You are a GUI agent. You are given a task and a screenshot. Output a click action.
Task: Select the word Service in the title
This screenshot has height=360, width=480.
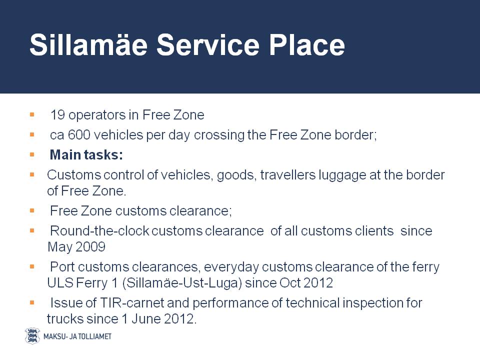tap(208, 44)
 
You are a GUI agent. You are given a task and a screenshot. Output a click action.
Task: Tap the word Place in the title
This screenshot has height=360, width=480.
tap(307, 44)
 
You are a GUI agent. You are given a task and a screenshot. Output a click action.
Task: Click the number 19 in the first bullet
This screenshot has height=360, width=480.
tap(57, 115)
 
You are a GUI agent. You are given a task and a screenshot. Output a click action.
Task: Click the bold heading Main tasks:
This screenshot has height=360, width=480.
tap(86, 155)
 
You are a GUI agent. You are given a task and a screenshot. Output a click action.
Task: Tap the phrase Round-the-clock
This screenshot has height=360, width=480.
tap(99, 231)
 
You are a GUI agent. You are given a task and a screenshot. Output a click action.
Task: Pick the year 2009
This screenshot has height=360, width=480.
tap(90, 247)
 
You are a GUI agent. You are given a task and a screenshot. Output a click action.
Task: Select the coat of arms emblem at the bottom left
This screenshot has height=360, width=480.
tap(32, 336)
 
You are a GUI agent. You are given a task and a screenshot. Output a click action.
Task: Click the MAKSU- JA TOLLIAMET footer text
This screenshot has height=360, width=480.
tap(77, 336)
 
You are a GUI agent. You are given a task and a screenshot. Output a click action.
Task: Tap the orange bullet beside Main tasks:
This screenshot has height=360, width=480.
tap(32, 155)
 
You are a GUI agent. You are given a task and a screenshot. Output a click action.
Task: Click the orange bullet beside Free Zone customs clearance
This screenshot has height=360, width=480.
tap(32, 210)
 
